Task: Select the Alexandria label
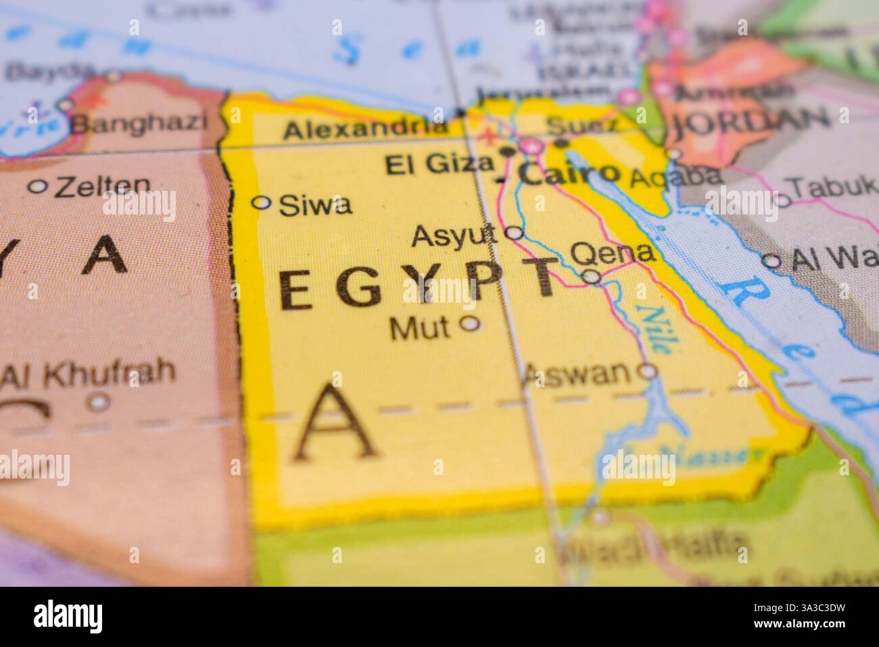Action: click(x=366, y=129)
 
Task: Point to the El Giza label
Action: click(x=439, y=164)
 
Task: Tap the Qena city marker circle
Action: click(x=592, y=276)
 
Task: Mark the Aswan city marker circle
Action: click(x=648, y=370)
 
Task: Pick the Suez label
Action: click(x=581, y=125)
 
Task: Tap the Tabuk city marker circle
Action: click(x=782, y=200)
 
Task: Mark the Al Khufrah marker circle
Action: click(x=100, y=402)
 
